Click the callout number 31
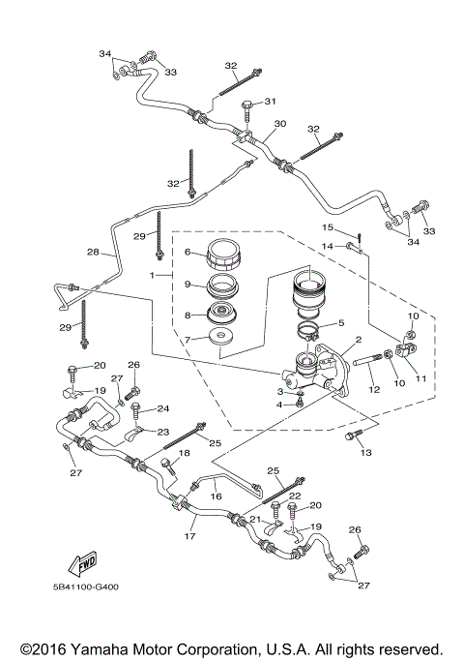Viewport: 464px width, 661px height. click(271, 101)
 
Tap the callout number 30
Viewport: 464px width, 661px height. click(280, 124)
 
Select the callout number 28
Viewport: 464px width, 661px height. click(93, 253)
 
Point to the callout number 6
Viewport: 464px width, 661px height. click(188, 252)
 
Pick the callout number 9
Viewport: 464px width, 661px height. click(188, 286)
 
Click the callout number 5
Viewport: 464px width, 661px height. click(340, 323)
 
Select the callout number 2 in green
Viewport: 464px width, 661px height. click(358, 340)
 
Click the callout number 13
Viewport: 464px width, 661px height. click(365, 452)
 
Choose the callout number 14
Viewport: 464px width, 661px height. click(327, 247)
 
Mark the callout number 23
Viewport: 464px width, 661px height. click(163, 432)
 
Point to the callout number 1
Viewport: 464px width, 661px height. click(152, 275)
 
